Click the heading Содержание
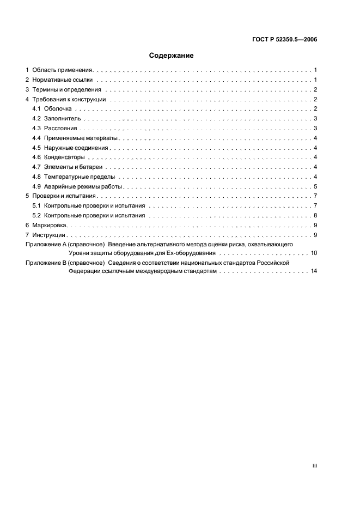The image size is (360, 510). pyautogui.click(x=172, y=56)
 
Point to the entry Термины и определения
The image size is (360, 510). pyautogui.click(x=66, y=90)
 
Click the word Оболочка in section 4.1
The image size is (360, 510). pyautogui.click(x=58, y=110)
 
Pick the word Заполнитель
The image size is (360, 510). pyautogui.click(x=62, y=119)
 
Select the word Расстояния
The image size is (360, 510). pyautogui.click(x=61, y=129)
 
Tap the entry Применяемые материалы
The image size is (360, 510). pyautogui.click(x=81, y=138)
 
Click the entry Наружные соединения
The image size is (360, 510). pyautogui.click(x=77, y=148)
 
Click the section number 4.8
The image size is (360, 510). pyautogui.click(x=36, y=177)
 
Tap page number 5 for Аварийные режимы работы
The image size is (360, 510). pyautogui.click(x=316, y=186)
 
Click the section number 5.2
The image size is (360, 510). pyautogui.click(x=36, y=215)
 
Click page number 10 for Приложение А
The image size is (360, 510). pyautogui.click(x=314, y=254)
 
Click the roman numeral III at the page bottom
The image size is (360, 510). pyautogui.click(x=314, y=466)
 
